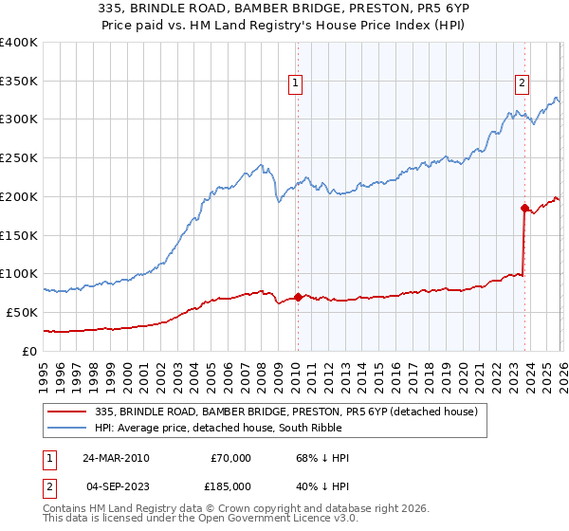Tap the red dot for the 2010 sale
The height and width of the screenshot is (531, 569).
click(x=298, y=297)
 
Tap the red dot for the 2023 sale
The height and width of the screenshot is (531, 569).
click(x=523, y=208)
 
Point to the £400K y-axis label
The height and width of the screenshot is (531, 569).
click(x=19, y=43)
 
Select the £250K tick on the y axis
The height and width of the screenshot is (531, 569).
click(x=19, y=158)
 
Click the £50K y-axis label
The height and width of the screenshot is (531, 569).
click(x=23, y=312)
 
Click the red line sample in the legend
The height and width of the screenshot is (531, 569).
click(x=68, y=411)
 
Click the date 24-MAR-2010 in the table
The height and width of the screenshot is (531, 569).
click(x=115, y=458)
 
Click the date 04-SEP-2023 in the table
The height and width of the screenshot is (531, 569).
click(x=115, y=485)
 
